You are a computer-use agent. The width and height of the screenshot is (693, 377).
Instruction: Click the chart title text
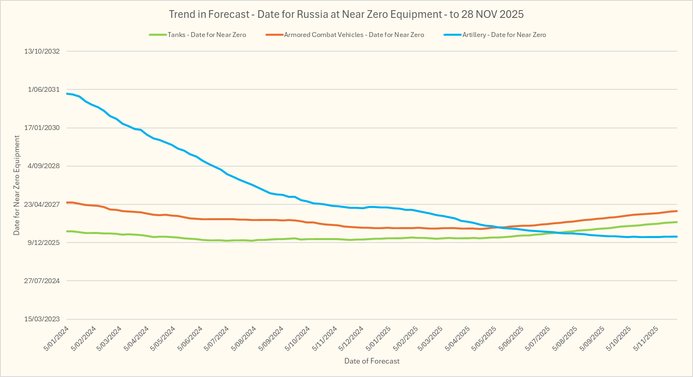(346, 14)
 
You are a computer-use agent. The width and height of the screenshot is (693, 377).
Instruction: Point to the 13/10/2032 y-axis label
(42, 51)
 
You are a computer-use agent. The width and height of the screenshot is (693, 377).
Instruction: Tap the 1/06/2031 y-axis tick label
(43, 89)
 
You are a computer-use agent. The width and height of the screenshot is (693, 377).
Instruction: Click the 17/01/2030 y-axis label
(42, 128)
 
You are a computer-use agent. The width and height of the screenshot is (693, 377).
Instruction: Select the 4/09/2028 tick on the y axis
(43, 166)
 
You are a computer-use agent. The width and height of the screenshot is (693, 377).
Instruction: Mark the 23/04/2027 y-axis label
(42, 204)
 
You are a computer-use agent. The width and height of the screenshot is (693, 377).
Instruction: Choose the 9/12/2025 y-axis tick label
(43, 243)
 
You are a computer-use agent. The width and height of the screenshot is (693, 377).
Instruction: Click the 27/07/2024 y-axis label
(42, 281)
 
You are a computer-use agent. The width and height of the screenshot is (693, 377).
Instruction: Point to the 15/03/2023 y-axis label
(42, 319)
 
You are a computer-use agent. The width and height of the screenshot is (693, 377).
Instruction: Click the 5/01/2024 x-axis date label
(56, 338)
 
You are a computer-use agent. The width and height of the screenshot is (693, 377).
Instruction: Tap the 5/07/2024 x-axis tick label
(217, 338)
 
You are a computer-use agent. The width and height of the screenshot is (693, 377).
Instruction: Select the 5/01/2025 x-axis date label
(378, 338)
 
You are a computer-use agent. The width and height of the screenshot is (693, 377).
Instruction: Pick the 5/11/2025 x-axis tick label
(646, 338)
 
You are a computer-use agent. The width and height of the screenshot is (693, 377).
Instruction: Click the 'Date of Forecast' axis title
(372, 361)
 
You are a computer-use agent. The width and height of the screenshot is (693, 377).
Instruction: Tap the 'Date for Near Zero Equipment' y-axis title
(17, 185)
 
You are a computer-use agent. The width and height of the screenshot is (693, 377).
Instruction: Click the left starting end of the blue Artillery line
(67, 94)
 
